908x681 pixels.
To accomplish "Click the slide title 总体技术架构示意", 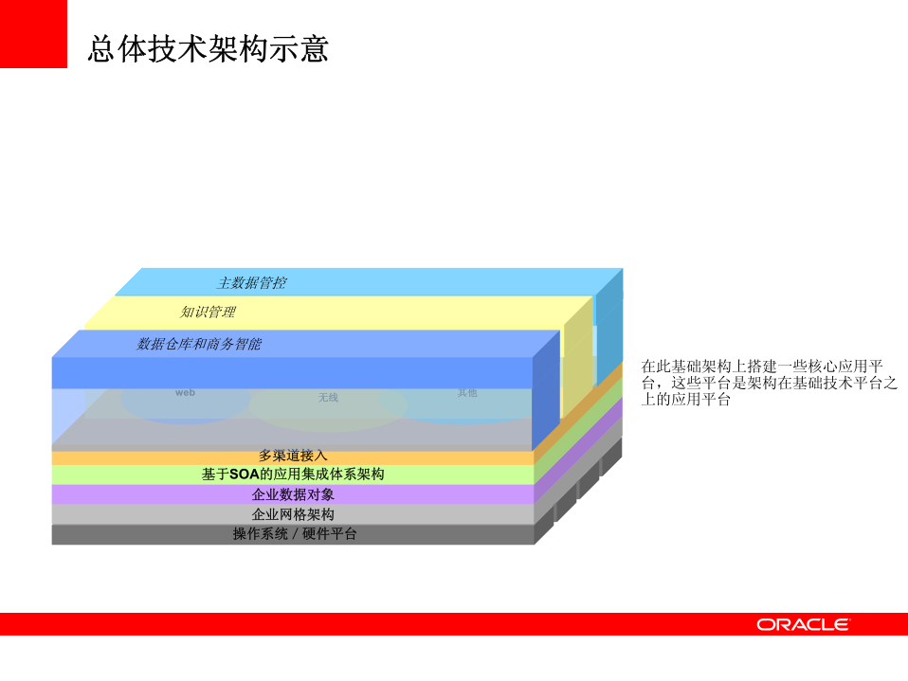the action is tap(208, 49).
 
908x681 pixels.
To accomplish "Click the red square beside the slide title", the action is tap(33, 34).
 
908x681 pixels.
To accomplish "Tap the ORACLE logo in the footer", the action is tap(803, 624).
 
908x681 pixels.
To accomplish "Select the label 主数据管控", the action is tap(251, 282).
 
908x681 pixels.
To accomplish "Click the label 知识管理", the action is tap(208, 312).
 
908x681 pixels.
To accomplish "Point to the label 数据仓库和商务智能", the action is tap(199, 344).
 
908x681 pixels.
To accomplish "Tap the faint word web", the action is tap(185, 392).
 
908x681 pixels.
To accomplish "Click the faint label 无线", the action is tap(328, 398).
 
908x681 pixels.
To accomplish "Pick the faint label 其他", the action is tap(467, 392).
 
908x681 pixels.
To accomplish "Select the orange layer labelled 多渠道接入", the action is tap(293, 456).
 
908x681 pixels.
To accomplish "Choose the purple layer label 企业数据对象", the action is tap(293, 494).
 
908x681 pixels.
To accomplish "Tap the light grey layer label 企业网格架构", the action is tap(293, 514).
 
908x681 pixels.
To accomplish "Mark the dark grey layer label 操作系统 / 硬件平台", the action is tap(295, 534).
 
